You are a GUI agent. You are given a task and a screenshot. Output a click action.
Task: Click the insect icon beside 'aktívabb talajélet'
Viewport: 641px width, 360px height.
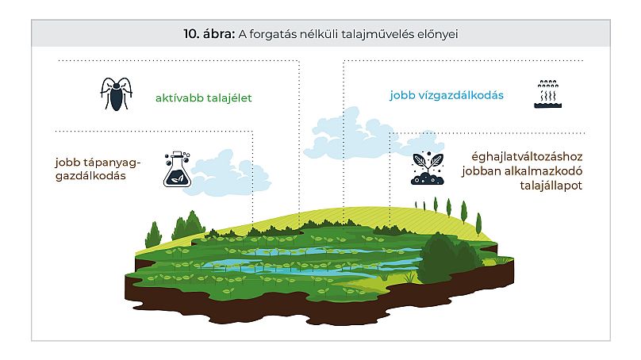[115, 94]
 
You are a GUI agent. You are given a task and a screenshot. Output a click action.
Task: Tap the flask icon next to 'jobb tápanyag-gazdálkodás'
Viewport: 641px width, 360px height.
[178, 169]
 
